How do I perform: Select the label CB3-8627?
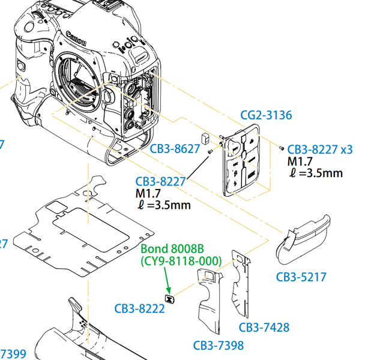[175, 149]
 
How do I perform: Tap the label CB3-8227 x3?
[319, 149]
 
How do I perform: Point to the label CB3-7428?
[264, 327]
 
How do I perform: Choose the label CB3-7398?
[219, 345]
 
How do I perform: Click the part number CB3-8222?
[140, 308]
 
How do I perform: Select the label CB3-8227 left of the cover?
[160, 181]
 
